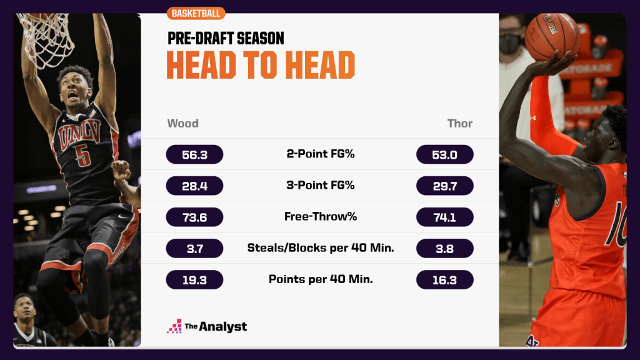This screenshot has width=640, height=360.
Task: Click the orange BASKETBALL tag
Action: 196,13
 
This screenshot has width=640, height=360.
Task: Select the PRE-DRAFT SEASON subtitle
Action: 226,39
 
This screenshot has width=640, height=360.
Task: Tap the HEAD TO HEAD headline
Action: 261,65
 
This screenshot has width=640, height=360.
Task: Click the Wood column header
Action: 182,123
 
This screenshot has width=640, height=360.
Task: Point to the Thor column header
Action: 460,123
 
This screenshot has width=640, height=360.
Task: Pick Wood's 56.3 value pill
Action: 194,154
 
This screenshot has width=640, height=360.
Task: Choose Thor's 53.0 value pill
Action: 445,154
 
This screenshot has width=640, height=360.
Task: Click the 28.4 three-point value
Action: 194,186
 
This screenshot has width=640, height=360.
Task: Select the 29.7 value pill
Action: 445,186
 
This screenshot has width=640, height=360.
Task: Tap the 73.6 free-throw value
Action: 194,217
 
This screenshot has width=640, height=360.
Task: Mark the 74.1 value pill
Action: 445,217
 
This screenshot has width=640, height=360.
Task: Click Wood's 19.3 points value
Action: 194,279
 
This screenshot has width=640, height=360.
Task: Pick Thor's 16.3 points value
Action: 445,279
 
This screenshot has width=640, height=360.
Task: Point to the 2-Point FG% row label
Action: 321,154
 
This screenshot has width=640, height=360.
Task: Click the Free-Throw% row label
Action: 321,217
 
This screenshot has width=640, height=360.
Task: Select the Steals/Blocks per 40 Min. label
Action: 321,248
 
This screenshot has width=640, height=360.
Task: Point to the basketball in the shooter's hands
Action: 552,36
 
